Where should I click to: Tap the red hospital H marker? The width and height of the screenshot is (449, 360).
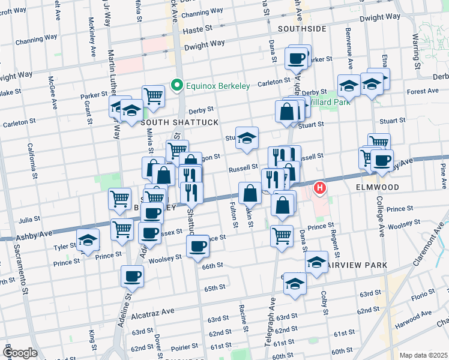pyautogui.click(x=320, y=188)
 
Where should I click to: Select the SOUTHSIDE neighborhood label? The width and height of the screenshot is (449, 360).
pyautogui.click(x=302, y=28)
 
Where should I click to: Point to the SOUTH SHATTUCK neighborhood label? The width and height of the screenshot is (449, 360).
pyautogui.click(x=171, y=122)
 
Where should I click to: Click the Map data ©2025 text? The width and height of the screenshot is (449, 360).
pyautogui.click(x=423, y=355)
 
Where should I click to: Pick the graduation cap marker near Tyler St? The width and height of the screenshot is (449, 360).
pyautogui.click(x=88, y=241)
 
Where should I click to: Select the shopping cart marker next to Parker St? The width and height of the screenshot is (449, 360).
pyautogui.click(x=154, y=95)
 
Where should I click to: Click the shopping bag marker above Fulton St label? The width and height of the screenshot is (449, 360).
pyautogui.click(x=250, y=193)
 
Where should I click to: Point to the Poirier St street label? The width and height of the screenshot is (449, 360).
pyautogui.click(x=183, y=347)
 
